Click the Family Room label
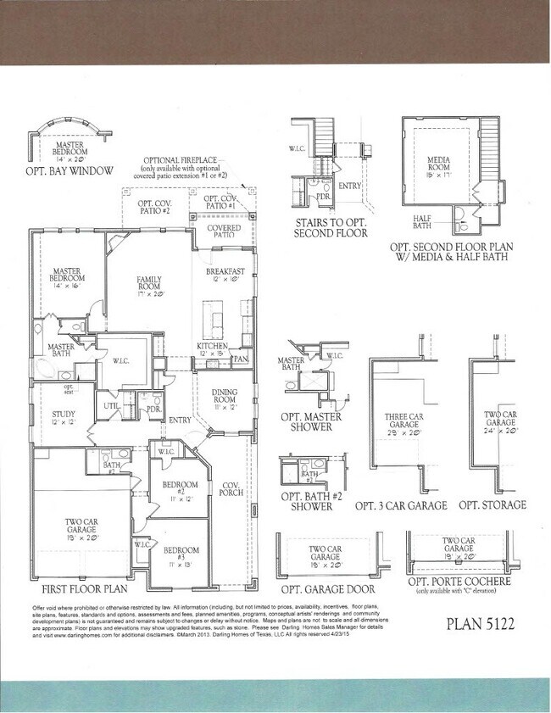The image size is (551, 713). tap(148, 282)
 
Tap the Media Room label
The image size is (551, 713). tap(438, 162)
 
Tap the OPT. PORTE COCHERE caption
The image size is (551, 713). tap(459, 582)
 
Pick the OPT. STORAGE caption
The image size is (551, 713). tap(493, 505)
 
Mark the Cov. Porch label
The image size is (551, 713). tap(231, 489)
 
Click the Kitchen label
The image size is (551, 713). tap(212, 347)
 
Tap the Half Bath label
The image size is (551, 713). tap(422, 220)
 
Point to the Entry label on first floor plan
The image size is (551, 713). tap(179, 420)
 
